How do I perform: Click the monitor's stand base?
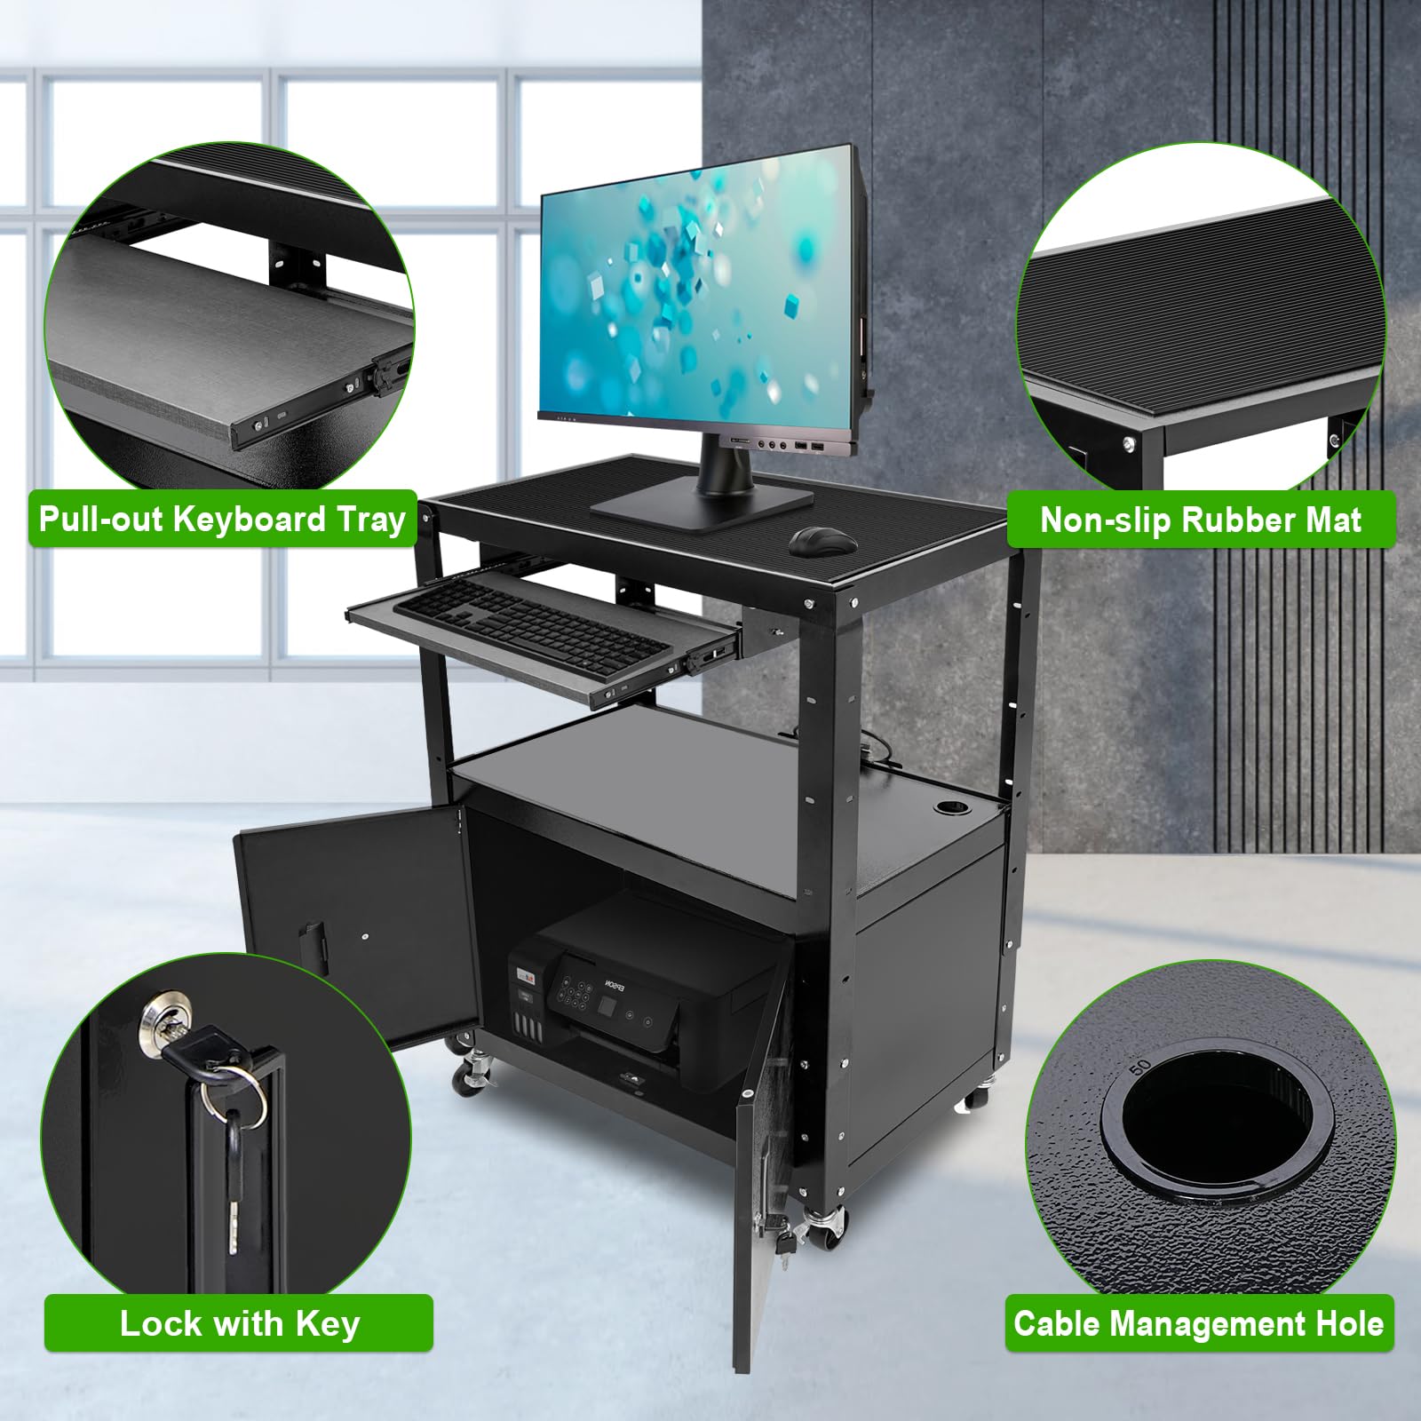[x=702, y=505]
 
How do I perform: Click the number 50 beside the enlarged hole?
[x=1141, y=1064]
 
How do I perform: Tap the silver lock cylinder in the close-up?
[x=163, y=1021]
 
